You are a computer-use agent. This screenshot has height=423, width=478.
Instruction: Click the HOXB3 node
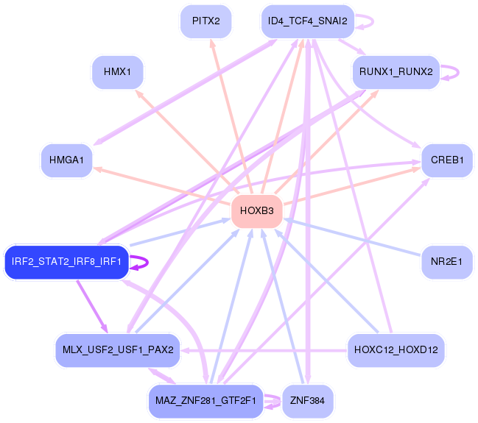[256, 211]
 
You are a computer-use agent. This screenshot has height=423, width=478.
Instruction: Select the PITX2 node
[205, 21]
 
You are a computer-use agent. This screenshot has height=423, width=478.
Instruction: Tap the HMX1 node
[117, 72]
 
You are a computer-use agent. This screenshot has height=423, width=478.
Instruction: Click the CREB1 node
[447, 160]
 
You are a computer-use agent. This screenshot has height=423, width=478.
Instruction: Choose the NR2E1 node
[447, 262]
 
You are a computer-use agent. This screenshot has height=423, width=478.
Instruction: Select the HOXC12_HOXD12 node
[396, 349]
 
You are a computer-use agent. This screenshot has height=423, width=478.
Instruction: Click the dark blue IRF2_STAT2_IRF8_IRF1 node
[66, 262]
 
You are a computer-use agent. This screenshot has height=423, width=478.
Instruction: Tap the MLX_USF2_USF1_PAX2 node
[117, 349]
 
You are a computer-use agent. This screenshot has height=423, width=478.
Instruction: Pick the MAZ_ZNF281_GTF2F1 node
[205, 401]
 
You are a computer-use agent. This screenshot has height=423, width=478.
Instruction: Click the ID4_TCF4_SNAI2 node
[308, 21]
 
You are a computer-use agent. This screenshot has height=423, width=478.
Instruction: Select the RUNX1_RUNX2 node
[396, 72]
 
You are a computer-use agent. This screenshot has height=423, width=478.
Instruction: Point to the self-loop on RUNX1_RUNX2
[455, 72]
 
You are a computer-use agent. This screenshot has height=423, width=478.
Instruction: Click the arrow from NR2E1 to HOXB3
[354, 237]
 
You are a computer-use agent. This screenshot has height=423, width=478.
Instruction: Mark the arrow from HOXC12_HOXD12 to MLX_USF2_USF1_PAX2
[265, 349]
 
